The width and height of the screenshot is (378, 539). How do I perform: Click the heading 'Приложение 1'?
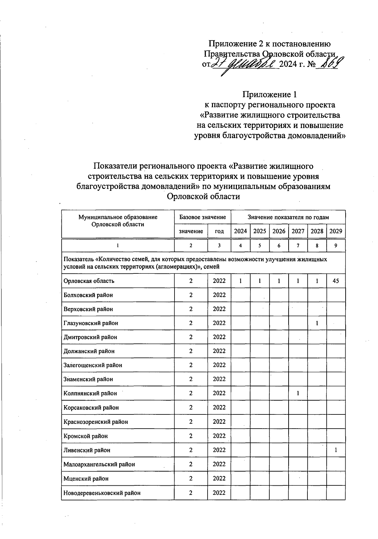tap(269, 94)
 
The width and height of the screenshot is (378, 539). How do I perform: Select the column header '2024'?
tap(240, 231)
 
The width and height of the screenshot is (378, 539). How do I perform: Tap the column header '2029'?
tap(336, 231)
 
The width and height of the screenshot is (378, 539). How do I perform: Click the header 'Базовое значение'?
tap(203, 217)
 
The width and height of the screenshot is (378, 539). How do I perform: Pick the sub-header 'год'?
tap(219, 231)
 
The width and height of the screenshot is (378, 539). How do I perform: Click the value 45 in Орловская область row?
tap(336, 281)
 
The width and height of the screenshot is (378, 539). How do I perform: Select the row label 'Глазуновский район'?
tap(91, 323)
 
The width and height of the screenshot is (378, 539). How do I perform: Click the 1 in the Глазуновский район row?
tap(317, 323)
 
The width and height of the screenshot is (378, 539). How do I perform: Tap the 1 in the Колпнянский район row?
tap(298, 393)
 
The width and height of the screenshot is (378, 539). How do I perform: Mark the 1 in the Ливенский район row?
tap(336, 450)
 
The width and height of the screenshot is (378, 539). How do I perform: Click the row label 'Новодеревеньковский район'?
tap(102, 493)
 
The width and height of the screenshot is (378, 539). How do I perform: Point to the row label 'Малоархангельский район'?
tap(99, 464)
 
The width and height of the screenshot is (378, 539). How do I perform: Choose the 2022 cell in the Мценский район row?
tap(219, 478)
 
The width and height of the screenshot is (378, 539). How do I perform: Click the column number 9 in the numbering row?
tap(336, 246)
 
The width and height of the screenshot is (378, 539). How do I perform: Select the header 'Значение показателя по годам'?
tap(288, 217)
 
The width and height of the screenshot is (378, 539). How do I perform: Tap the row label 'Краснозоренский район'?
tap(95, 422)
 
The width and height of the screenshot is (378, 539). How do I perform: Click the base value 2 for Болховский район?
tap(191, 295)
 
